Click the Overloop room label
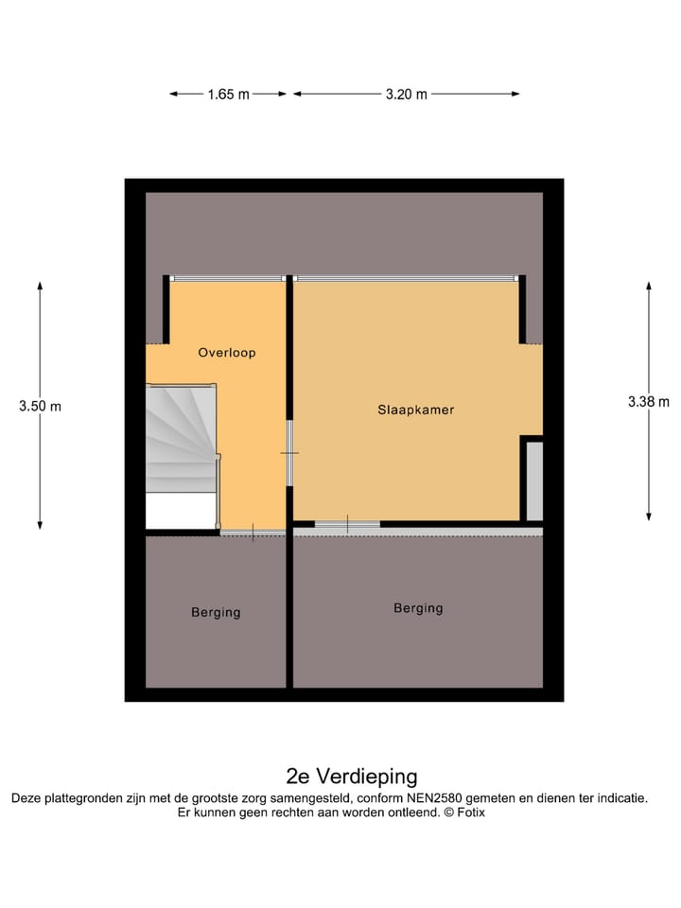pyautogui.click(x=227, y=353)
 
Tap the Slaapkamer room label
pyautogui.click(x=416, y=410)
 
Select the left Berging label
pyautogui.click(x=216, y=612)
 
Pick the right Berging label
pyautogui.click(x=418, y=608)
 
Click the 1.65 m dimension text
pyautogui.click(x=228, y=94)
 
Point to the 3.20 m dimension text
pyautogui.click(x=407, y=94)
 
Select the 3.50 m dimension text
pyautogui.click(x=40, y=407)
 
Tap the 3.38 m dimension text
pyautogui.click(x=648, y=401)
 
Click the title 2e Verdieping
pyautogui.click(x=352, y=777)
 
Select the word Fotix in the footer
pyautogui.click(x=471, y=812)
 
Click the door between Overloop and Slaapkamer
pyautogui.click(x=290, y=454)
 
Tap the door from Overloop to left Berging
pyautogui.click(x=253, y=533)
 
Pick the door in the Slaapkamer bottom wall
pyautogui.click(x=347, y=523)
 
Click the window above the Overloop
pyautogui.click(x=227, y=278)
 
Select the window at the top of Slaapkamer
pyautogui.click(x=407, y=278)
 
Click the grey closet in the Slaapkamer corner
pyautogui.click(x=534, y=480)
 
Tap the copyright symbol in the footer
pyautogui.click(x=448, y=812)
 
